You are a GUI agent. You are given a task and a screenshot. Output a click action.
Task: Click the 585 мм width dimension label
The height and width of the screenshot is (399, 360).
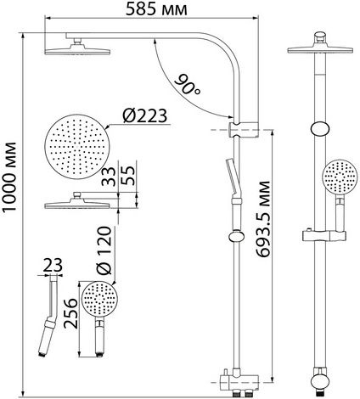click(x=156, y=8)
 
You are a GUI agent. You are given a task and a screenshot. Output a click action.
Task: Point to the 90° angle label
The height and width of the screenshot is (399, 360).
click(x=188, y=85)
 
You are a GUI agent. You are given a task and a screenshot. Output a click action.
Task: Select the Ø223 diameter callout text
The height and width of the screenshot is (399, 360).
click(x=145, y=115)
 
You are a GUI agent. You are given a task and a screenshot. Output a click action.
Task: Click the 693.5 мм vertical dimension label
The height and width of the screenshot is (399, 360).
click(x=263, y=219)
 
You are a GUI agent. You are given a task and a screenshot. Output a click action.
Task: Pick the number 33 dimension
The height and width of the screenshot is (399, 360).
click(x=109, y=177)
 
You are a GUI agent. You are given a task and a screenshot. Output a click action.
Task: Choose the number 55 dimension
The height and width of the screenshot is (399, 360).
click(x=127, y=176)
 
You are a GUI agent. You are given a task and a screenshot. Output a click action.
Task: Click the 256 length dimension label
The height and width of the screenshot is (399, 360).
click(x=70, y=313)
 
